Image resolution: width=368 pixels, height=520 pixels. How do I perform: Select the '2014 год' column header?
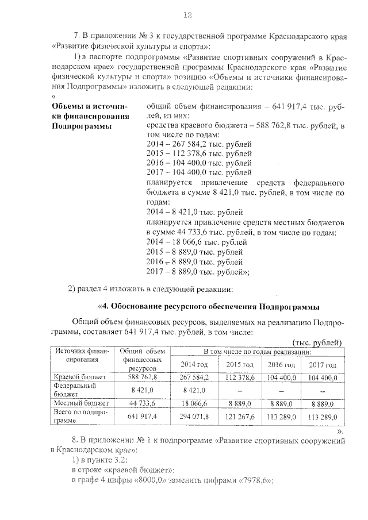click(194, 364)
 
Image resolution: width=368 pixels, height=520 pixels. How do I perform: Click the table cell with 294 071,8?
click(194, 416)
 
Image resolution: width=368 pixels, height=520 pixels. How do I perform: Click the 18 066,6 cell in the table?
click(194, 403)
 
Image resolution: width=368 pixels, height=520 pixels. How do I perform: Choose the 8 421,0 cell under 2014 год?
click(194, 391)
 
